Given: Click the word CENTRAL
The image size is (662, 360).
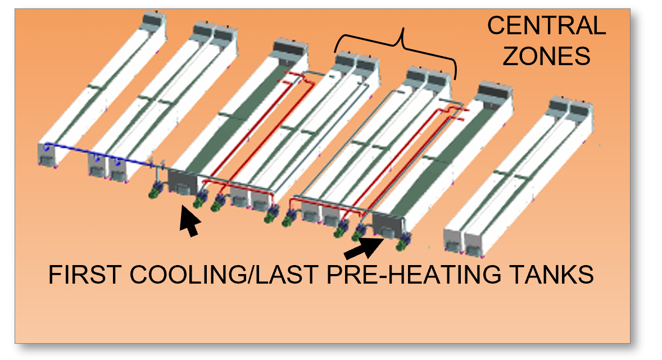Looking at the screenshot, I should (x=546, y=26).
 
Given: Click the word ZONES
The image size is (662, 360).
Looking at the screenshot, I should (x=546, y=56).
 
